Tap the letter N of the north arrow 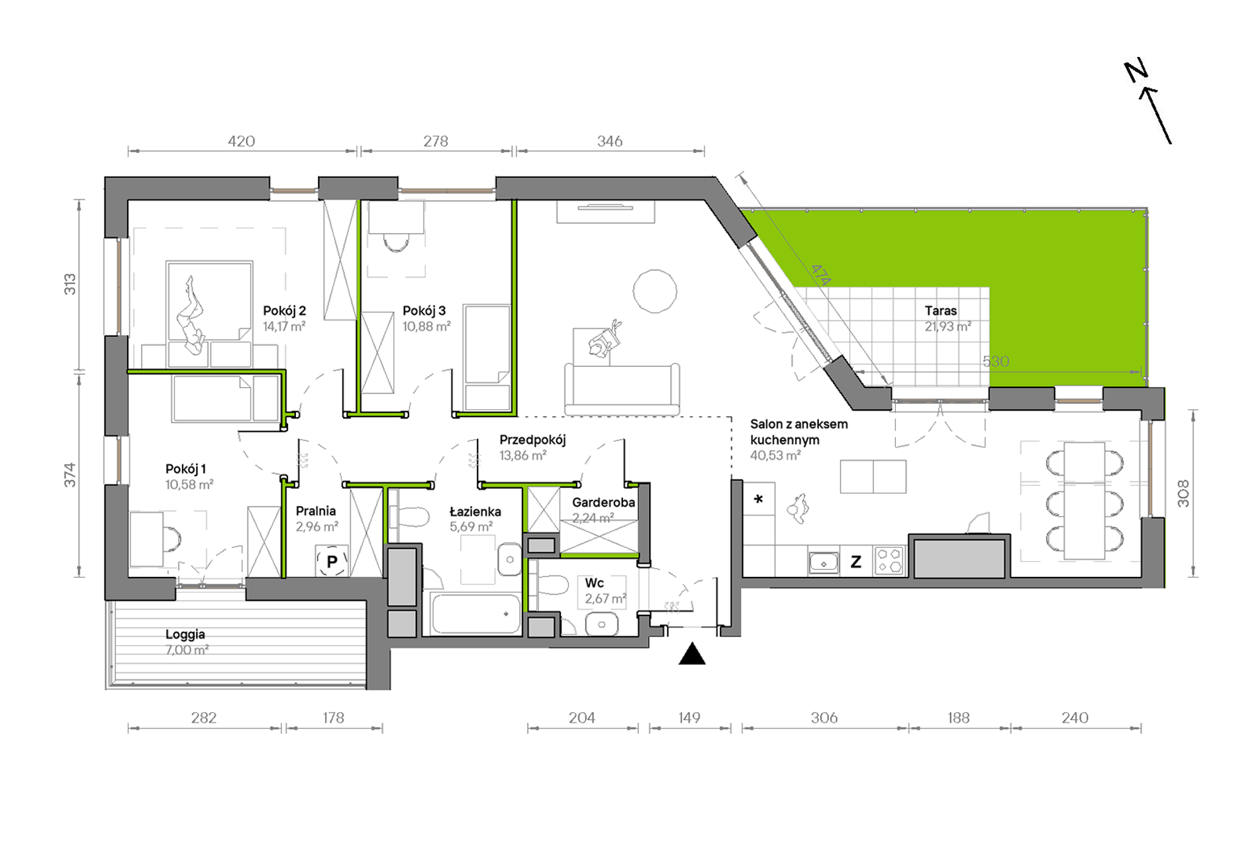click(x=1136, y=70)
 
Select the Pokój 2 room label click(x=284, y=311)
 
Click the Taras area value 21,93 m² click(x=948, y=327)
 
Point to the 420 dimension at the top click(x=241, y=141)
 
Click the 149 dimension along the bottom click(x=689, y=717)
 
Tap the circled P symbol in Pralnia click(x=332, y=562)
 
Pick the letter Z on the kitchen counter click(x=856, y=562)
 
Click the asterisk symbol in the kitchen click(x=759, y=499)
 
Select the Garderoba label click(x=604, y=502)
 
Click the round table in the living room click(x=655, y=291)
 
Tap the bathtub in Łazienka click(x=476, y=614)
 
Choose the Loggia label click(x=185, y=635)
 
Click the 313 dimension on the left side click(x=70, y=284)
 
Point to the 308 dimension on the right click(x=1183, y=493)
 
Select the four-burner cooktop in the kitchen click(x=889, y=560)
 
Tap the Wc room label click(x=595, y=583)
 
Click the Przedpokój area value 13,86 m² click(x=523, y=456)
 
